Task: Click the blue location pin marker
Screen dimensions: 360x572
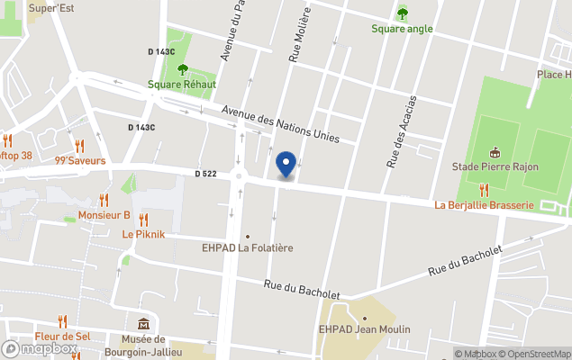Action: click(x=286, y=164)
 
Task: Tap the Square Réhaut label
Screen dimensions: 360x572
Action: click(x=182, y=85)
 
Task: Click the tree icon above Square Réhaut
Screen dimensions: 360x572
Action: click(x=183, y=69)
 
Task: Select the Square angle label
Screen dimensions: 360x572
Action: click(x=402, y=28)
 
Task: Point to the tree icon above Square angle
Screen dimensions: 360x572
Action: click(x=402, y=13)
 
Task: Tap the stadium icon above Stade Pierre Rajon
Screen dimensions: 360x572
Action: click(x=494, y=152)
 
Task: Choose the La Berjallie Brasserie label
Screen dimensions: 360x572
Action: click(x=484, y=204)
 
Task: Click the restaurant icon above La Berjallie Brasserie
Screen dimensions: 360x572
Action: click(x=484, y=189)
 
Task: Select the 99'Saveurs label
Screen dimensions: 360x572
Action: click(x=80, y=161)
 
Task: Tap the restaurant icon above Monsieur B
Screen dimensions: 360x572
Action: click(x=104, y=200)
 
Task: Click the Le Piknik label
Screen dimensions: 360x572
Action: click(x=142, y=234)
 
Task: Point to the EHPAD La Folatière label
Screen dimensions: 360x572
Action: click(x=248, y=247)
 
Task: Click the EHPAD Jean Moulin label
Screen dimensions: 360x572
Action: click(x=364, y=329)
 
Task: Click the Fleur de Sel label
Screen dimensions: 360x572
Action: click(x=62, y=336)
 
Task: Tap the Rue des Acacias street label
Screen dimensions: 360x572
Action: click(x=401, y=131)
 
